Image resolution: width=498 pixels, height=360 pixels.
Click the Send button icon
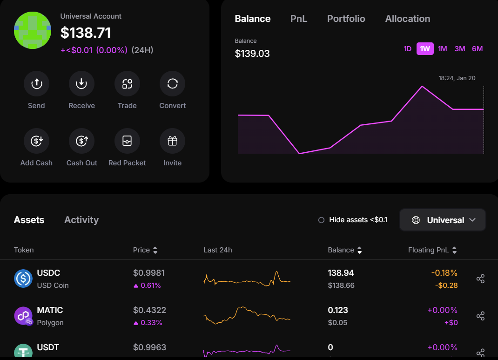(36, 84)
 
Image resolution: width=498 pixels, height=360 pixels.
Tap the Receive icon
(81, 84)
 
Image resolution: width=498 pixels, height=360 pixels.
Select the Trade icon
(127, 84)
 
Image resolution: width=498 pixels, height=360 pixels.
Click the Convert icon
(172, 84)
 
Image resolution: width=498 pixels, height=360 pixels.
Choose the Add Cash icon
(36, 141)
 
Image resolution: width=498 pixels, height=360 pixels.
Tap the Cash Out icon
(81, 141)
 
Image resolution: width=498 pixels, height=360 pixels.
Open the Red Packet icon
(127, 141)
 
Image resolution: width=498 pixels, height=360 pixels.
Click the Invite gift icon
(172, 141)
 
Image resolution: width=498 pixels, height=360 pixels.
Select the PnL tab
(299, 19)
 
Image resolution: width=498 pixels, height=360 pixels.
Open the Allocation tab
(407, 19)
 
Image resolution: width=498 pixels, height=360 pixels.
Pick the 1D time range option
(407, 49)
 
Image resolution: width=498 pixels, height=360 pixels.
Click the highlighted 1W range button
(425, 49)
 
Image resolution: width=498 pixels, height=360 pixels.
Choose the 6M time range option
(477, 49)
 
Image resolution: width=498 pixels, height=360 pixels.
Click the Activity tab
(81, 220)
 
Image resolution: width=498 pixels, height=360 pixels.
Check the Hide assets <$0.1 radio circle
(321, 220)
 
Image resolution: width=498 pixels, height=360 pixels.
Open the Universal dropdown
(443, 220)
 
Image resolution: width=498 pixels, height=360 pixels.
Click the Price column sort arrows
(155, 251)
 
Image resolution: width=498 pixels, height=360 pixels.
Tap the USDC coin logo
(23, 278)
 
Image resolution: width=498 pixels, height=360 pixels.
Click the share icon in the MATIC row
(480, 316)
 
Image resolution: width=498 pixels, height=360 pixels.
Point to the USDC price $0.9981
(149, 273)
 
